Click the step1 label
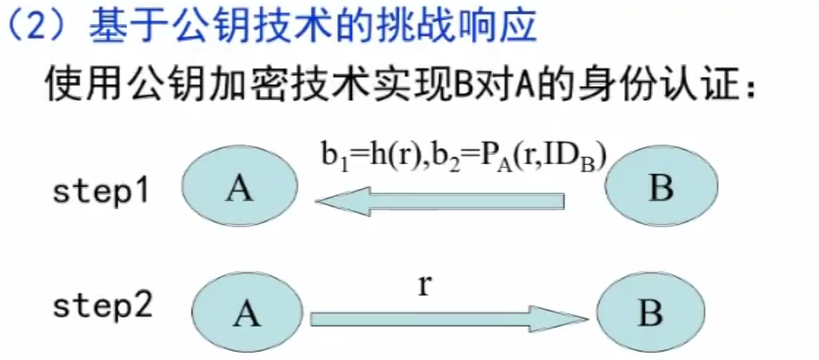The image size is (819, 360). point(100,193)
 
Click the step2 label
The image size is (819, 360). point(103,307)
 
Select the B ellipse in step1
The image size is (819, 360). point(661,188)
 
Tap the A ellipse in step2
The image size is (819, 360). point(247,316)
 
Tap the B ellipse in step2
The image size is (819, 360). point(650,313)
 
